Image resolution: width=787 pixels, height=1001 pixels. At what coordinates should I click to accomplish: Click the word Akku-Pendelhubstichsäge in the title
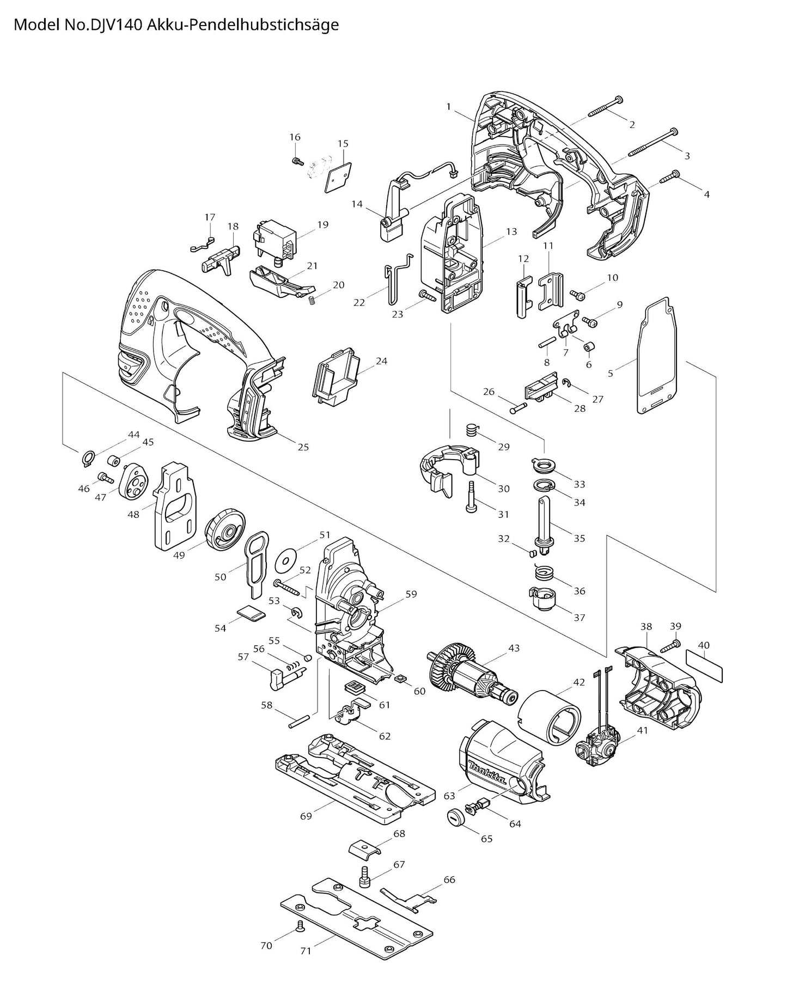click(243, 25)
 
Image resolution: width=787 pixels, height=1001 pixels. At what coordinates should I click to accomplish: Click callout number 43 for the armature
click(514, 648)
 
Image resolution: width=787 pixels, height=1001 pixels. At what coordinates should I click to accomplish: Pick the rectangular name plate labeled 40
click(704, 665)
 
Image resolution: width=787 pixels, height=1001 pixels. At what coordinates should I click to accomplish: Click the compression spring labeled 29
click(472, 429)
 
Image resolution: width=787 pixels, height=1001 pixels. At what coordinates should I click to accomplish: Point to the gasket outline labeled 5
click(657, 354)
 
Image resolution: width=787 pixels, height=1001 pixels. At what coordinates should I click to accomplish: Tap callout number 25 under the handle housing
click(303, 447)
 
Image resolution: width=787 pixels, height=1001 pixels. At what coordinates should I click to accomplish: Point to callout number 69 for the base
click(306, 816)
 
